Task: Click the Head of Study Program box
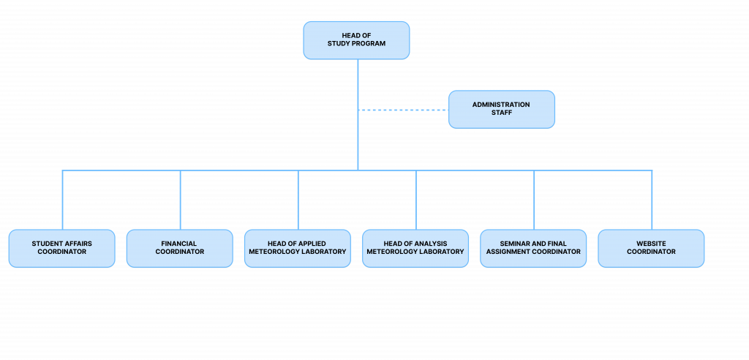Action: point(356,40)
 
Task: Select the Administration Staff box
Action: point(502,110)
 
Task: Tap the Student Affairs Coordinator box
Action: point(62,248)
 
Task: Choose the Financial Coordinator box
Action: point(180,248)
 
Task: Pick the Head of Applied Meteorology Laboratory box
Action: point(298,248)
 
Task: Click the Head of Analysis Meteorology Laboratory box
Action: point(415,248)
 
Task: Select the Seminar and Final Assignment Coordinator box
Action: point(533,248)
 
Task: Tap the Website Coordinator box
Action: point(651,248)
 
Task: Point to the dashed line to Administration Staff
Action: point(404,110)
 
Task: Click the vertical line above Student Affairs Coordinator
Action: point(63,200)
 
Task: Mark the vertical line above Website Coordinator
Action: point(652,200)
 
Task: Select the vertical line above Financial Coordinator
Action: point(181,200)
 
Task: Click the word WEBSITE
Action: point(651,244)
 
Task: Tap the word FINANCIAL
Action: point(179,244)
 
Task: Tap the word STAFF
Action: point(502,113)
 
